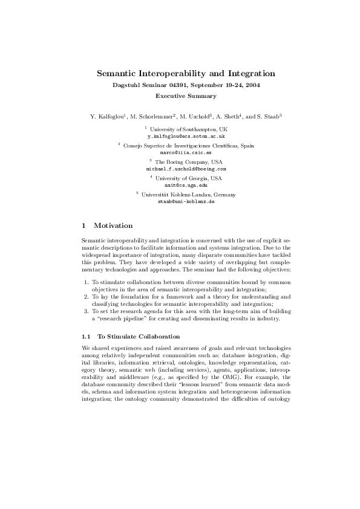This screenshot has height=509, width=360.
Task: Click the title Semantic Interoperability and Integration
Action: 186,74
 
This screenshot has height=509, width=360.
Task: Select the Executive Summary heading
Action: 186,96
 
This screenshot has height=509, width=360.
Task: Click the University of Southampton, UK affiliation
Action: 189,130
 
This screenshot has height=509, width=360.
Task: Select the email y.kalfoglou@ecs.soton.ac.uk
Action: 186,137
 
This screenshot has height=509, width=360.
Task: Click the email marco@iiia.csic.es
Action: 186,153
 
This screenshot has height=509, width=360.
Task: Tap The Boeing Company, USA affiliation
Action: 189,162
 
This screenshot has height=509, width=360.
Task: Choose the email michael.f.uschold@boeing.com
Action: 186,169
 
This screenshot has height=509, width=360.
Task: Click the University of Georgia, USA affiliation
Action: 189,178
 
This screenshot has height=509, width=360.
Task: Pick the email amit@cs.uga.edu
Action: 186,186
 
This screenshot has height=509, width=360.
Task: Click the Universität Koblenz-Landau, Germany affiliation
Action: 189,195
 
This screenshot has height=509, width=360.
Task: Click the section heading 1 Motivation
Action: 107,225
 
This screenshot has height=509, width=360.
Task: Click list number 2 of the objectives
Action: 86,297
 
